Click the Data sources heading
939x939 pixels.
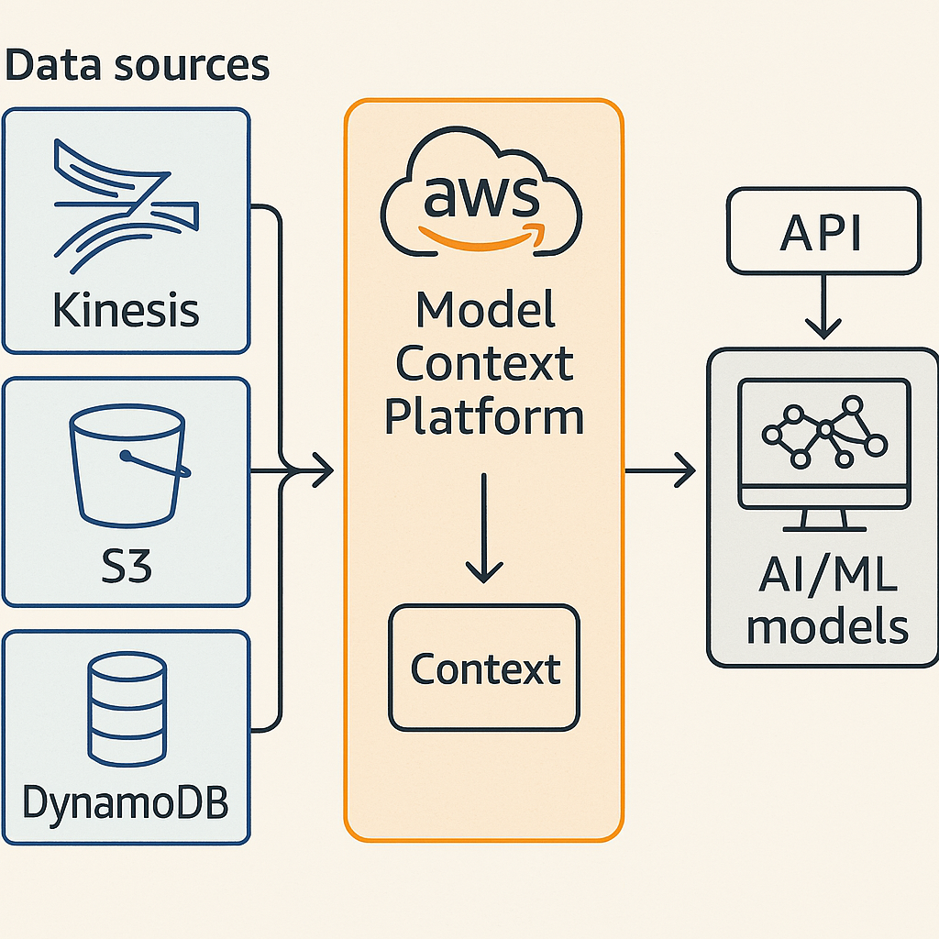[138, 66]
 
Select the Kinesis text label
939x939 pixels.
[126, 310]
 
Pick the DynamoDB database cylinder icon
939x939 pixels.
[126, 710]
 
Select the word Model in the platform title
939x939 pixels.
[485, 312]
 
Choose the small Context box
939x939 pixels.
[484, 668]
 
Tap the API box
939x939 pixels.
[822, 231]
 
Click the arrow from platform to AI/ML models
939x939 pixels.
[660, 473]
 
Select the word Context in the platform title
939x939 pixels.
[484, 363]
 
